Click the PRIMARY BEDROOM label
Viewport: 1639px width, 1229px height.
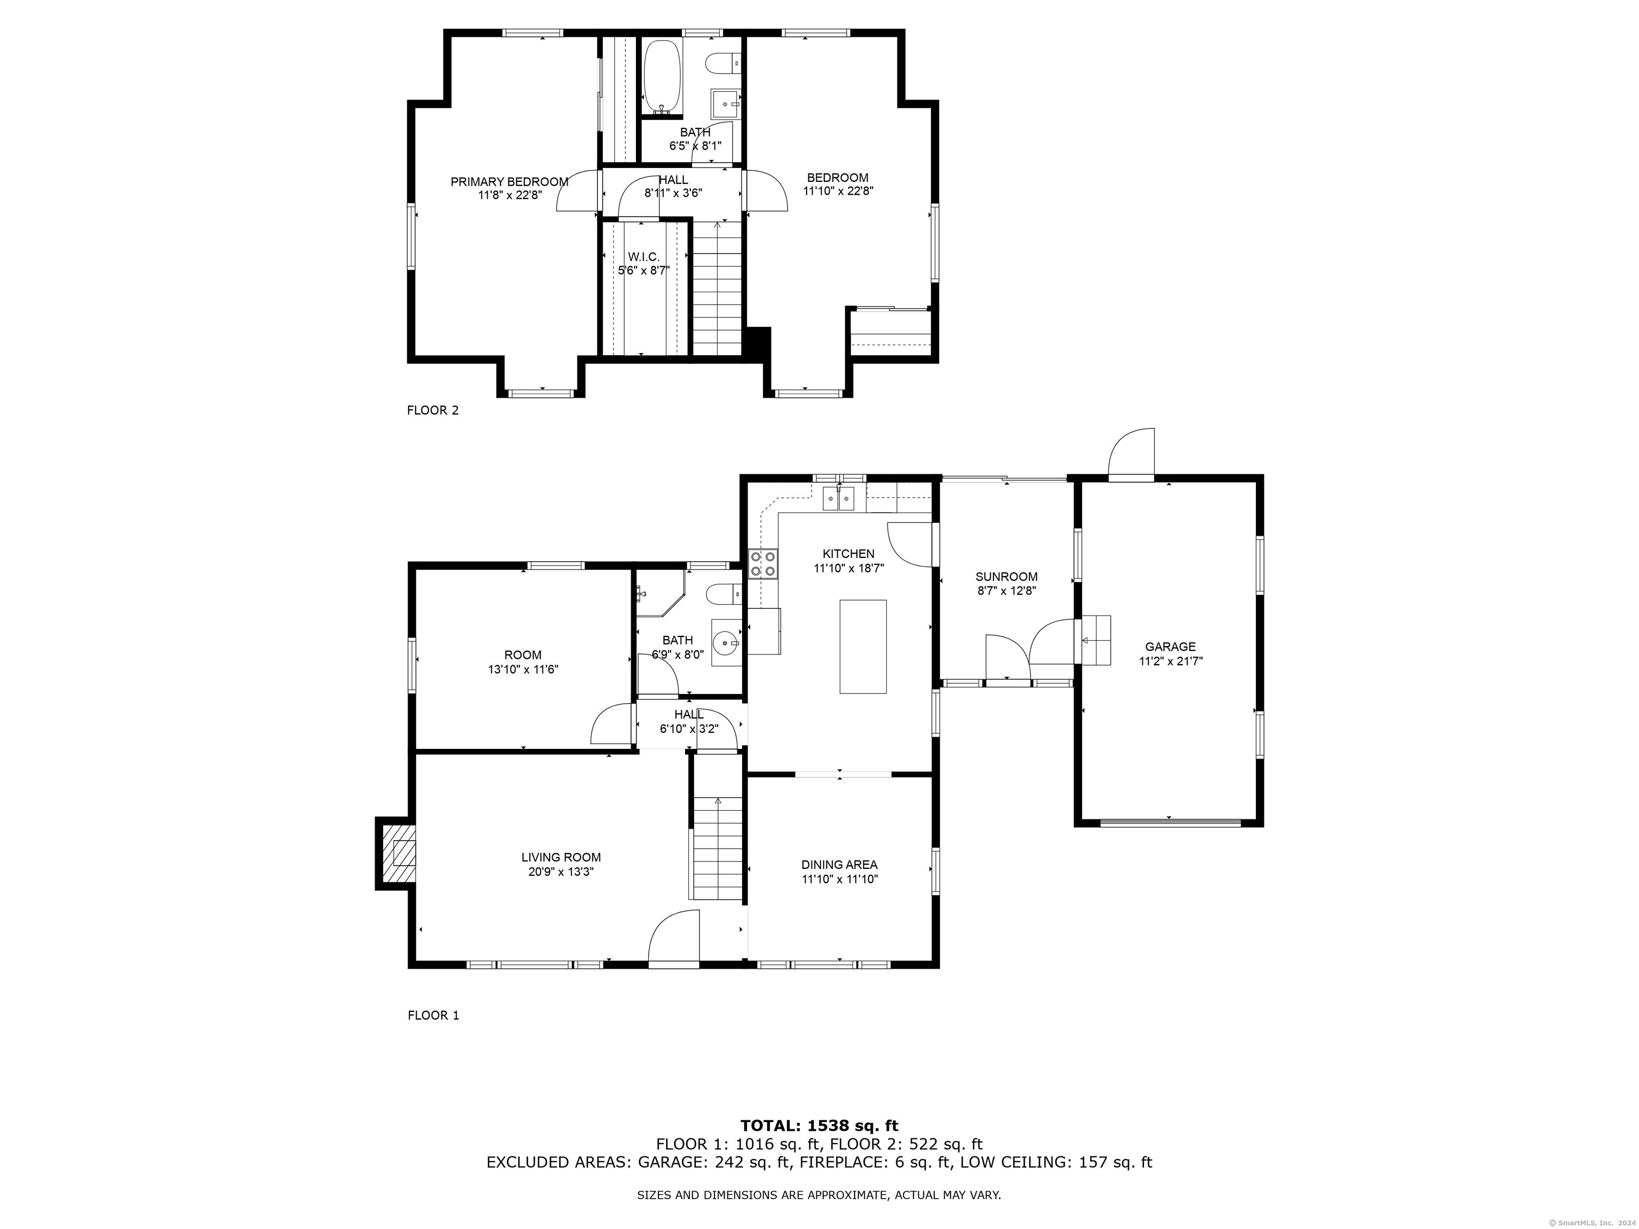pyautogui.click(x=509, y=181)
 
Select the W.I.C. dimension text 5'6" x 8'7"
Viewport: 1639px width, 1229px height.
pyautogui.click(x=644, y=270)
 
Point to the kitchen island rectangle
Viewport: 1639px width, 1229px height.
pyautogui.click(x=863, y=647)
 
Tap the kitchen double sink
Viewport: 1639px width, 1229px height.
pyautogui.click(x=840, y=499)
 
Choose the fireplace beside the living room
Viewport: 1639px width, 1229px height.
pyautogui.click(x=396, y=852)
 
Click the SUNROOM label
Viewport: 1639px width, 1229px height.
pyautogui.click(x=1006, y=576)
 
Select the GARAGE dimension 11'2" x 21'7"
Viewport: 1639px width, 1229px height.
pyautogui.click(x=1171, y=661)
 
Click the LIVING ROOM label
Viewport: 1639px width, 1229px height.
pyautogui.click(x=561, y=858)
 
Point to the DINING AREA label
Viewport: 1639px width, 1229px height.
pyautogui.click(x=839, y=865)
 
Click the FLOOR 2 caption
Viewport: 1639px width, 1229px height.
pyautogui.click(x=433, y=410)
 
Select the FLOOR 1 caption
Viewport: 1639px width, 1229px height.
pyautogui.click(x=433, y=1016)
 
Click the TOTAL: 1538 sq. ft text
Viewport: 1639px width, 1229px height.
pyautogui.click(x=819, y=1127)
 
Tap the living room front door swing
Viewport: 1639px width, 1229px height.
pyautogui.click(x=673, y=937)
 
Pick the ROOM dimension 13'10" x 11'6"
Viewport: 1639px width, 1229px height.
pyautogui.click(x=523, y=669)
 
